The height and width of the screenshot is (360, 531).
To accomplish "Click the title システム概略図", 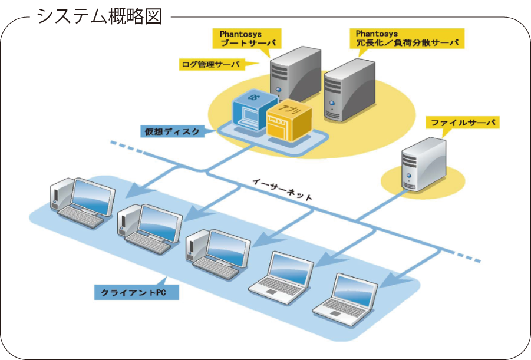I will click(x=99, y=16).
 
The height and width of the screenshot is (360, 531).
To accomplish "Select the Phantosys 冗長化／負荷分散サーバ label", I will click(x=406, y=39).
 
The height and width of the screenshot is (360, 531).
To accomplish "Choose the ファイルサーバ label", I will click(x=463, y=123).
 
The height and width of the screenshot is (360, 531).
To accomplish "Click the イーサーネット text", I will click(x=282, y=190).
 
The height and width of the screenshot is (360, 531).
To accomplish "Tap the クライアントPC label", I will click(x=136, y=292).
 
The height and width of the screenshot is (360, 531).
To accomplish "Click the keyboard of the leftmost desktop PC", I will click(x=83, y=217).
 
